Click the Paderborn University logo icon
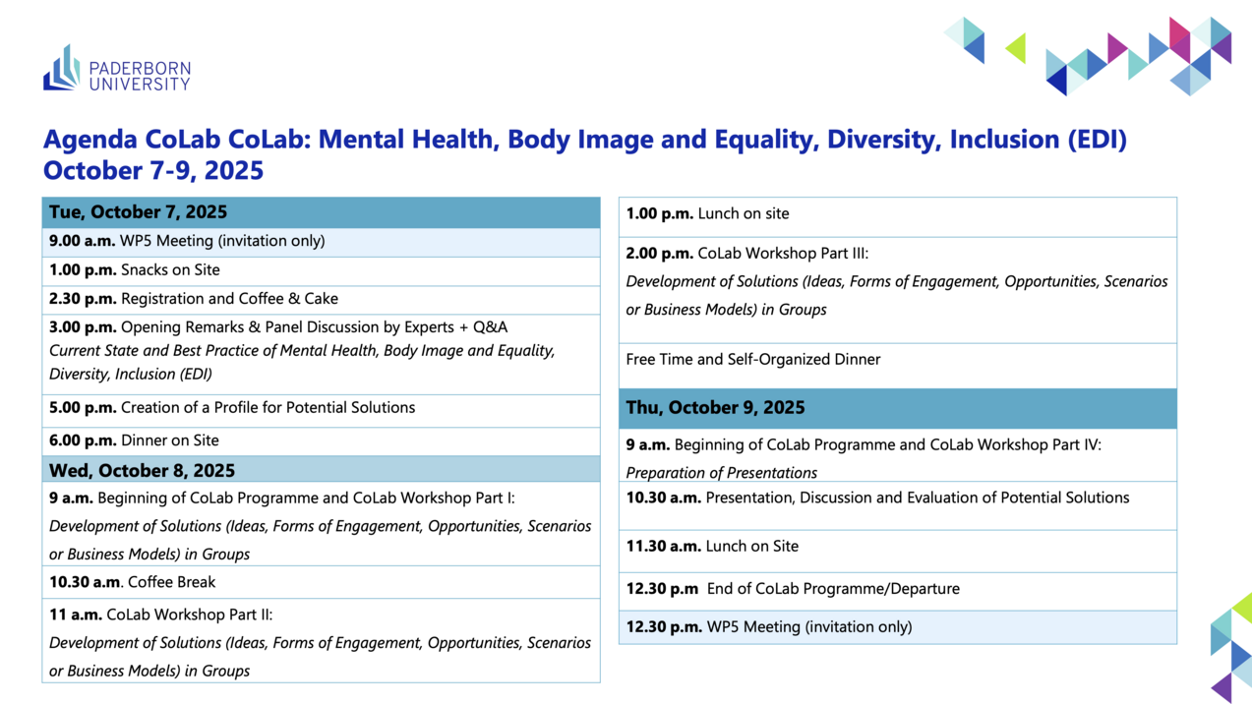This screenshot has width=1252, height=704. coord(62,68)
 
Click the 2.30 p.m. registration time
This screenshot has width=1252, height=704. coord(83,299)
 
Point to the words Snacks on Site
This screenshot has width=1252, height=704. coord(170,269)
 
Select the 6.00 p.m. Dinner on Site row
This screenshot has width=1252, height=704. coord(321,441)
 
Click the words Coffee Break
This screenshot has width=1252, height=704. coord(171,582)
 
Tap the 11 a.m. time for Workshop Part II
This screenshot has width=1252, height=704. coord(76,615)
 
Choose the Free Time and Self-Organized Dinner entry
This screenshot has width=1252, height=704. coord(753,359)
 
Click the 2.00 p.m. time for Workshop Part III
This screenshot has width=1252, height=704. coord(660,254)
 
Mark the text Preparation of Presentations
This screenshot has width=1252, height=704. coord(721,473)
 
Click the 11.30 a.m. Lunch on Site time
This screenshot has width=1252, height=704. coord(664,547)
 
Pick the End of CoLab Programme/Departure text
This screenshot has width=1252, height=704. coord(833,589)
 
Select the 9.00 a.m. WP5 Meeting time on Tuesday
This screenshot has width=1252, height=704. coord(83,241)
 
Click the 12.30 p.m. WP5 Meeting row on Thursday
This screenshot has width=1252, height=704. coord(898,627)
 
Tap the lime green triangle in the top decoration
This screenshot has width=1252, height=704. coord(1016,48)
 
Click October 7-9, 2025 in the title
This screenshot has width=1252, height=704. coord(153,171)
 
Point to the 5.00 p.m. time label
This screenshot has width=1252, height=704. coord(83,408)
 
